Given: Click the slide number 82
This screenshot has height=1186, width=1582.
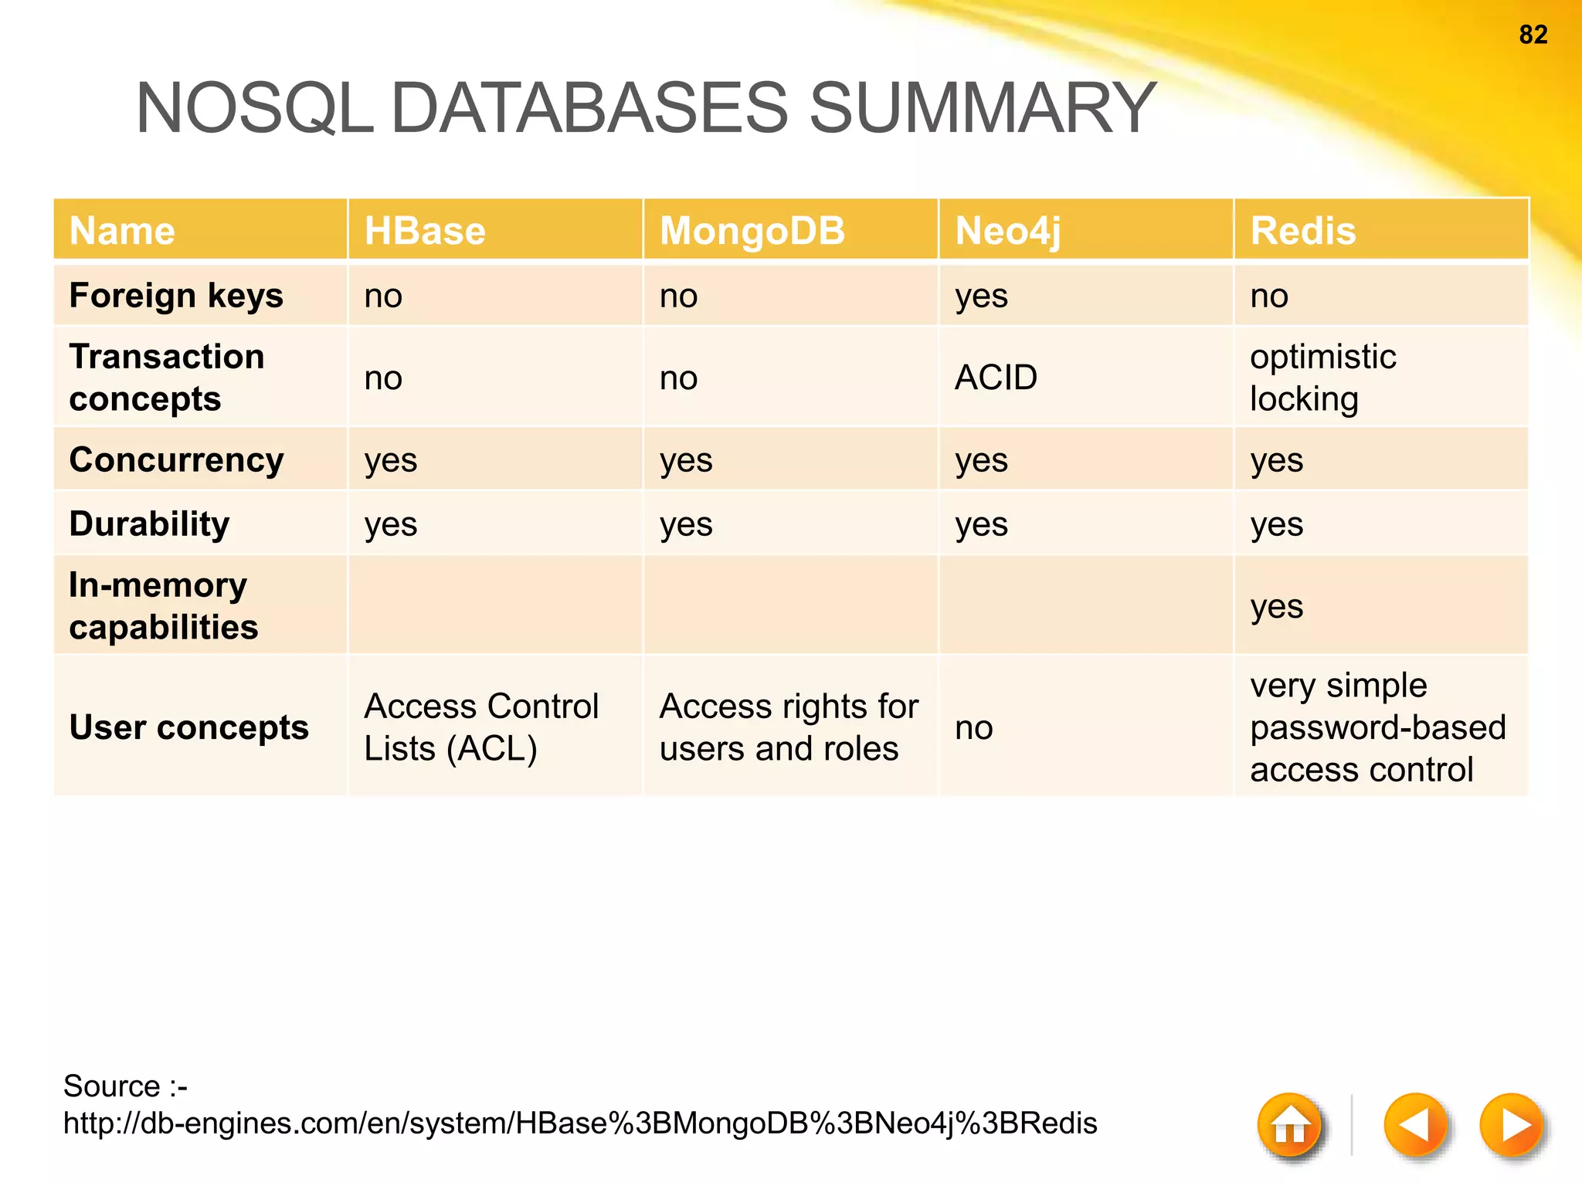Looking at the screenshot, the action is tap(1533, 35).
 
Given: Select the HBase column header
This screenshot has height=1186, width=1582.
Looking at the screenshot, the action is tap(425, 231).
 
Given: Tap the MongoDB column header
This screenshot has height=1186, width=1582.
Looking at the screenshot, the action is tap(752, 231).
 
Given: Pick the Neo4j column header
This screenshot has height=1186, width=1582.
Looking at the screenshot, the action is tap(1008, 231).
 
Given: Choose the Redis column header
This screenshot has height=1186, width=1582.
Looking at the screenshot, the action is tap(1302, 231).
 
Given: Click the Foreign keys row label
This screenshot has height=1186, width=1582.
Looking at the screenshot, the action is tap(176, 296).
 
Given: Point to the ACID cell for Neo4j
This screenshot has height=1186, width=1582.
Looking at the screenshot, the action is tap(996, 378).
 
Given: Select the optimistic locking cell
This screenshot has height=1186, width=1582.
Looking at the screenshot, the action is tap(1322, 378).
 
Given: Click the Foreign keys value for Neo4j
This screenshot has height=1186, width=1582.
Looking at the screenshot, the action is tap(981, 296).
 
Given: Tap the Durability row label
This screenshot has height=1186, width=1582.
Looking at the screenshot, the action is tap(149, 524).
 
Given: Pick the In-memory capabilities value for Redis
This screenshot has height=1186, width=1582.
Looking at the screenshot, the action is tap(1276, 606).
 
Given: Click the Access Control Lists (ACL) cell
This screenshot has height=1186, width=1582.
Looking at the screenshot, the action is tap(480, 727).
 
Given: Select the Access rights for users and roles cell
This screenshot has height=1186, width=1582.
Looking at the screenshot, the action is tap(788, 727).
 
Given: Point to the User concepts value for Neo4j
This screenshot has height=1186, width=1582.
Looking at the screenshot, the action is tap(973, 727).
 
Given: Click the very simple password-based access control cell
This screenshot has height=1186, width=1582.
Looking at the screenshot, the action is tap(1377, 727).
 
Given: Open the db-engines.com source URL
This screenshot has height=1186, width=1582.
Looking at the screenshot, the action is tap(579, 1123).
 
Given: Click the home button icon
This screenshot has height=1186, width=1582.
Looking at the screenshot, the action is tap(1290, 1124).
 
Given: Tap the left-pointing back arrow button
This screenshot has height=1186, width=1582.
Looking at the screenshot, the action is tap(1414, 1124).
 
